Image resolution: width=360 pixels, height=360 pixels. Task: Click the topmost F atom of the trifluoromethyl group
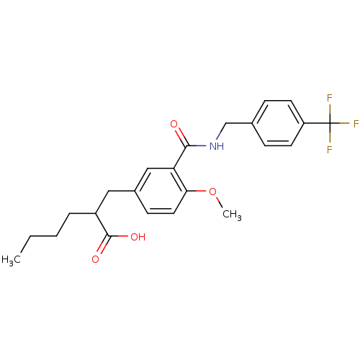[x=330, y=98]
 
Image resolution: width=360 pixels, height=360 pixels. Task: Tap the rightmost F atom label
[x=356, y=124]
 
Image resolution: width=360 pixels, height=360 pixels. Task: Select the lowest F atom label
[x=330, y=150]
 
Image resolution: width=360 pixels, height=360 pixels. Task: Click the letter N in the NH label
[x=212, y=146]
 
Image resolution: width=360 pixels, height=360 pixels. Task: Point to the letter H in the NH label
[x=220, y=146]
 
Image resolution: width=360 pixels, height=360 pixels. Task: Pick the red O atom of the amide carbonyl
[x=174, y=125]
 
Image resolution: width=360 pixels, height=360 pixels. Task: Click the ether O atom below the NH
[x=212, y=192]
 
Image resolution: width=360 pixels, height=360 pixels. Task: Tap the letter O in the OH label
[x=134, y=237]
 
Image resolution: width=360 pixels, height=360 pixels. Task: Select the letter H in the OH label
[x=142, y=237]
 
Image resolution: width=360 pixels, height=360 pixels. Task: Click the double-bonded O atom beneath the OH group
[x=95, y=259]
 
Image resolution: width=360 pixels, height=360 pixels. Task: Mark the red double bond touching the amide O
[x=179, y=135]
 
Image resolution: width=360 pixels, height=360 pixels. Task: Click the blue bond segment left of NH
[x=201, y=145]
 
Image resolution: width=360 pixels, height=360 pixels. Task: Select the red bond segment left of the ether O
[x=202, y=191]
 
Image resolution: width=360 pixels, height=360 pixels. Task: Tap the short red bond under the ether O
[x=217, y=199]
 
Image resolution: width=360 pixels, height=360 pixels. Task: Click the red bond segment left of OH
[x=122, y=236]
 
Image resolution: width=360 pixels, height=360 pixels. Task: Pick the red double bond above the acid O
[x=102, y=248]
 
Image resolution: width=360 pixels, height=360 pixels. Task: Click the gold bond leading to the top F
[x=330, y=109]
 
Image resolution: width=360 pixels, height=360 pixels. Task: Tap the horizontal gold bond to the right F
[x=341, y=124]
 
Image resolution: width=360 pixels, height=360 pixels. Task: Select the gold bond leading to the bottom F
[x=330, y=138]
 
